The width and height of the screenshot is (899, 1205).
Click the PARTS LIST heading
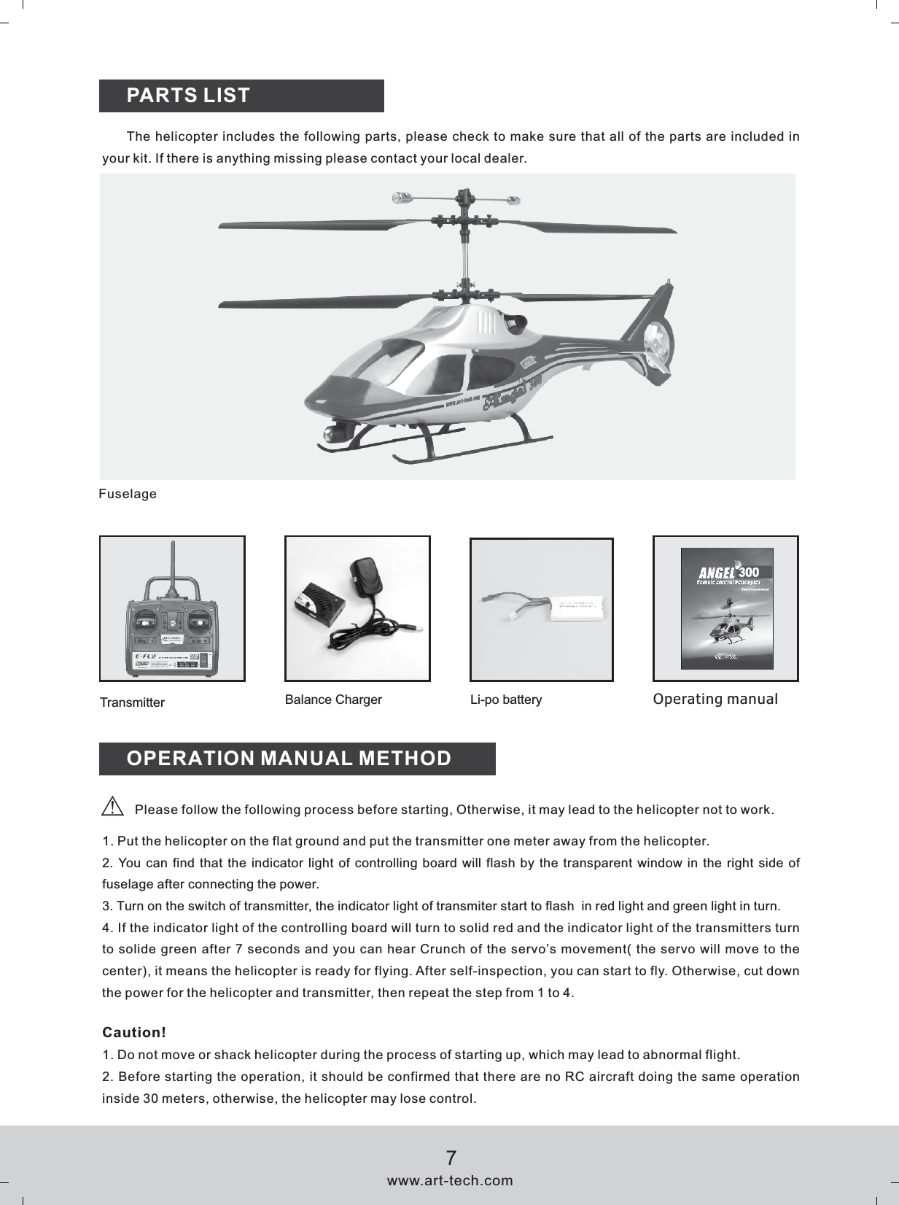pyautogui.click(x=188, y=96)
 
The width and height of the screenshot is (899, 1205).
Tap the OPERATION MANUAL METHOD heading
pyautogui.click(x=289, y=759)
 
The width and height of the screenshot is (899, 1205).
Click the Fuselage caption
pyautogui.click(x=128, y=494)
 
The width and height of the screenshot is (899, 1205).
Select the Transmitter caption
pyautogui.click(x=132, y=702)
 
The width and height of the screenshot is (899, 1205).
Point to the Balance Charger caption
pyautogui.click(x=333, y=700)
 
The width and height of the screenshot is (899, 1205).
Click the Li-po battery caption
pyautogui.click(x=506, y=700)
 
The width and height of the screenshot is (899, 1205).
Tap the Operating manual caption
pyautogui.click(x=715, y=699)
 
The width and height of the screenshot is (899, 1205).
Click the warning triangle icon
pyautogui.click(x=112, y=807)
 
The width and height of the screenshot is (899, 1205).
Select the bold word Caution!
pyautogui.click(x=134, y=1032)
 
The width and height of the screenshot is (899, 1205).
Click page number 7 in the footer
pyautogui.click(x=451, y=1158)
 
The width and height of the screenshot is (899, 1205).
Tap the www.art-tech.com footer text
pyautogui.click(x=450, y=1180)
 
